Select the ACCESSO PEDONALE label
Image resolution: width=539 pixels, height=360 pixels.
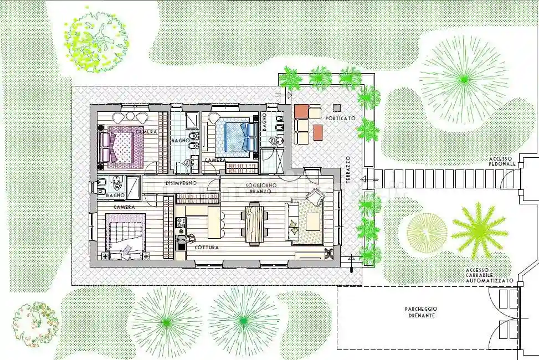tap(502, 161)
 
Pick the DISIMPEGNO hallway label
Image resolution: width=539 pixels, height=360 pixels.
tap(181, 183)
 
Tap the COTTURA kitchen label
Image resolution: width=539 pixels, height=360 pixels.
tap(207, 248)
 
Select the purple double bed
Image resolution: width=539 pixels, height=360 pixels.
tap(121, 146)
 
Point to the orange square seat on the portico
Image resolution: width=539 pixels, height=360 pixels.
tap(301, 111)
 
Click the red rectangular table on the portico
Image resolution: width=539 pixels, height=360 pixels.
tap(318, 132)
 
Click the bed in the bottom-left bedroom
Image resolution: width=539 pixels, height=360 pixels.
tap(125, 235)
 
